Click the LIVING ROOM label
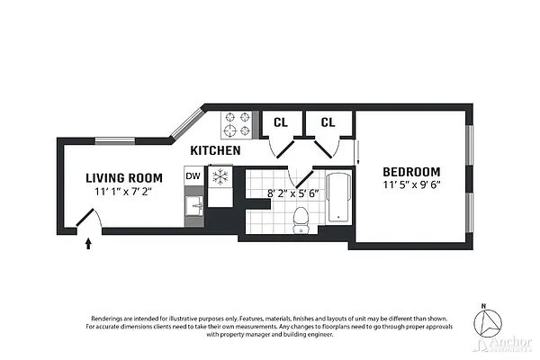coord(124,177)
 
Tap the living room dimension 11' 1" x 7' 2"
coord(124,192)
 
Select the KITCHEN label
coord(214,150)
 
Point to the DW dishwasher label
coord(192,176)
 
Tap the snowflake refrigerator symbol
coord(219,176)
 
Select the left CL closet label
coord(280,122)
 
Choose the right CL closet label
coord(328,122)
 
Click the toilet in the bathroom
coord(302,216)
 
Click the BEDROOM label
coord(411,172)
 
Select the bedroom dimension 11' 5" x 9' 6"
coord(411,187)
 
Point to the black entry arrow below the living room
coord(88,241)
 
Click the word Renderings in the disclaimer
coord(110,319)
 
